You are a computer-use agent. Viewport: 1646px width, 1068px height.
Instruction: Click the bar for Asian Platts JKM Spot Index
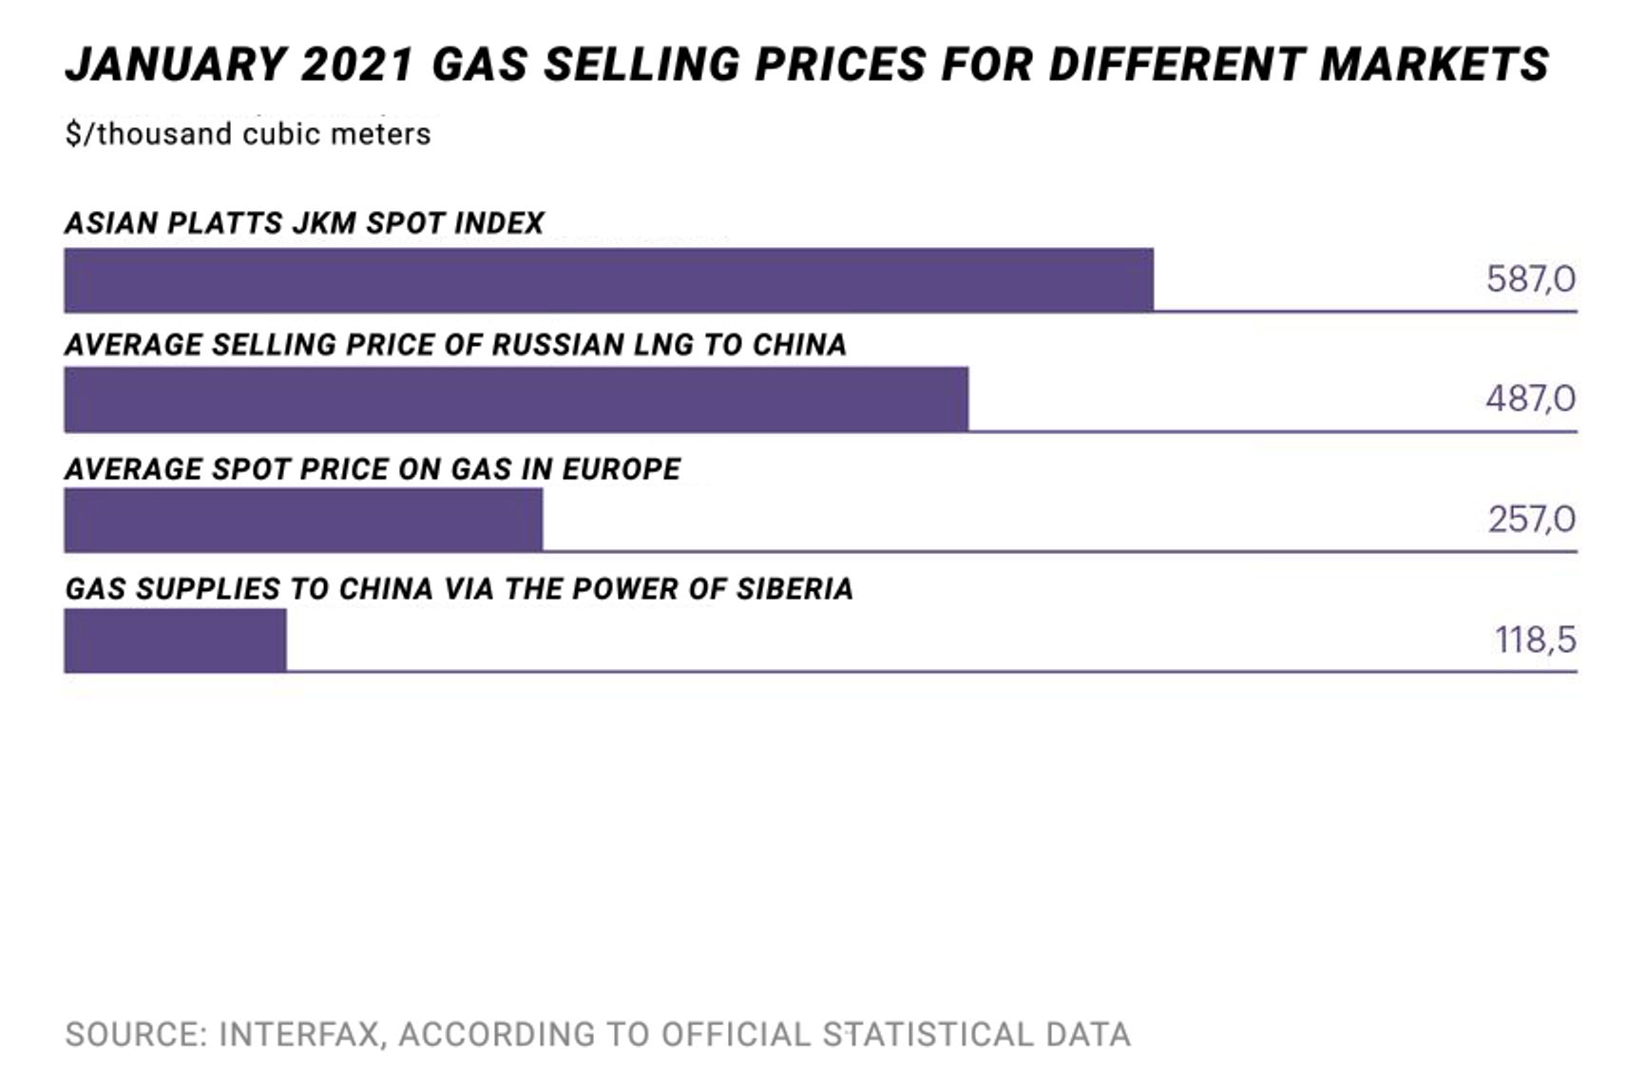click(x=608, y=279)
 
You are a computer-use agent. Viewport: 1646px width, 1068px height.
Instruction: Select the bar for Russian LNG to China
click(x=516, y=399)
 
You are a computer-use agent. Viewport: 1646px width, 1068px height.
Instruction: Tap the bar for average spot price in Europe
click(x=303, y=520)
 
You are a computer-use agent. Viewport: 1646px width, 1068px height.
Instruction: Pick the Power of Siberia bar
click(x=175, y=639)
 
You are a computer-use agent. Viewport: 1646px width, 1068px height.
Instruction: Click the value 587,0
click(x=1530, y=279)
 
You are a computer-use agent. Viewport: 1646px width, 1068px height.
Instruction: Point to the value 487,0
click(x=1530, y=398)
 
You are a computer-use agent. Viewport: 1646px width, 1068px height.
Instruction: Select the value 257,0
click(x=1531, y=520)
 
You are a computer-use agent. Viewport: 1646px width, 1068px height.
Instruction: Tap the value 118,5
click(x=1535, y=640)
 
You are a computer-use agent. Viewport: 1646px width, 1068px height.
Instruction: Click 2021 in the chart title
click(x=358, y=65)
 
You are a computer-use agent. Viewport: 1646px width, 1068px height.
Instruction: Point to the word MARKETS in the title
click(x=1435, y=65)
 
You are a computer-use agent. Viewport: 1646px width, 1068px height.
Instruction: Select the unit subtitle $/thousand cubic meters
click(x=248, y=134)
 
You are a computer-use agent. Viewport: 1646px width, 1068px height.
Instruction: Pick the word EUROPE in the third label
click(x=622, y=469)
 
